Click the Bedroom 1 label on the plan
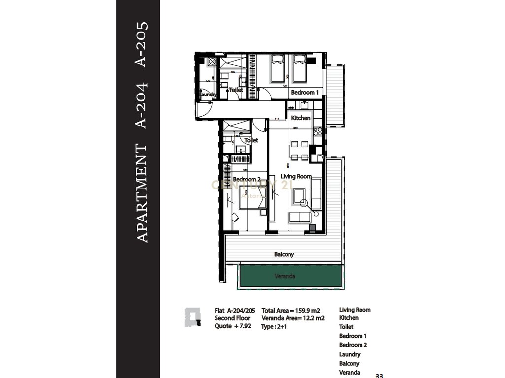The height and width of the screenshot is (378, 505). click(x=304, y=92)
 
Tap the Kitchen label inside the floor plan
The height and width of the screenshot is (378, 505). click(x=300, y=118)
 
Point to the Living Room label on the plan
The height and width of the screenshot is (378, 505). click(x=296, y=176)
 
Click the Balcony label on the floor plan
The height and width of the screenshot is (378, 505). click(x=284, y=254)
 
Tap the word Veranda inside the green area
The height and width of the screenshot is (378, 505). click(x=285, y=277)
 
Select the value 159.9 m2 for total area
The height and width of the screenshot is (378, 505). click(x=305, y=311)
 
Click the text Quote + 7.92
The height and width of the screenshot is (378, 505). click(x=232, y=326)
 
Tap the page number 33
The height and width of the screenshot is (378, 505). click(x=379, y=376)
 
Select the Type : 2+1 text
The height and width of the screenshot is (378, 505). click(x=274, y=326)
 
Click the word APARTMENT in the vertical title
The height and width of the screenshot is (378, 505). click(x=142, y=193)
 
